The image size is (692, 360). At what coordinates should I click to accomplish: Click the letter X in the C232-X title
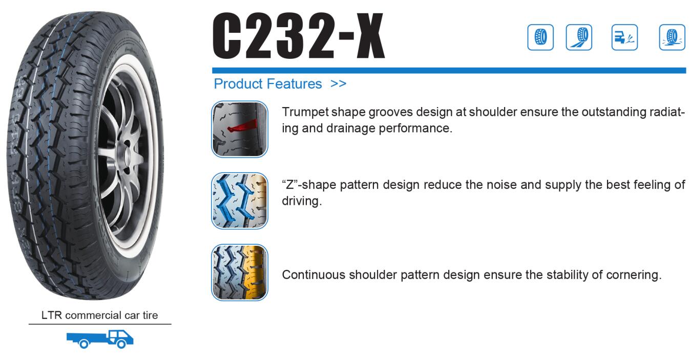(370, 35)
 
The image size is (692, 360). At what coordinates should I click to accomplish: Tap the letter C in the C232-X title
(227, 35)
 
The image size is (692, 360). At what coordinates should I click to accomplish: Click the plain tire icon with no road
(540, 37)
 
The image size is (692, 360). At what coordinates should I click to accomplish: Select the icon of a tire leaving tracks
(579, 37)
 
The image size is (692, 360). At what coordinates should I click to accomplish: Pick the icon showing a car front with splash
(624, 37)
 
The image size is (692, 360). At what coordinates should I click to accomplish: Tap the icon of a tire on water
(672, 37)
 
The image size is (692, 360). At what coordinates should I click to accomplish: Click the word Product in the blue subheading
(238, 84)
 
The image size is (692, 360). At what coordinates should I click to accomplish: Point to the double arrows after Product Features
(338, 83)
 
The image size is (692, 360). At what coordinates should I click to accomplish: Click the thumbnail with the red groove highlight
(239, 129)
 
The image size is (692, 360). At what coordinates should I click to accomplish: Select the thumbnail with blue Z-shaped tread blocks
(239, 201)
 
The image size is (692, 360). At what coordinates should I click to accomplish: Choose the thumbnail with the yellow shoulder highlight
(239, 272)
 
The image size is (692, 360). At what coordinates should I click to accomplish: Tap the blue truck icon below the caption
(100, 339)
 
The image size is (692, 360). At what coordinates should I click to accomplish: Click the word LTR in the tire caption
(51, 315)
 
